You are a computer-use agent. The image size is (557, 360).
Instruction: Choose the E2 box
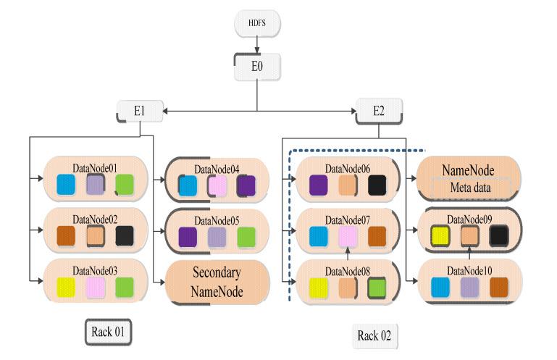pyautogui.click(x=377, y=112)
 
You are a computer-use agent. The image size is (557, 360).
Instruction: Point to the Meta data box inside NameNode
pyautogui.click(x=472, y=188)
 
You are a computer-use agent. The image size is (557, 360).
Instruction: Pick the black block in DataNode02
pyautogui.click(x=125, y=237)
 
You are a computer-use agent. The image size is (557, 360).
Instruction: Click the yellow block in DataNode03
pyautogui.click(x=67, y=287)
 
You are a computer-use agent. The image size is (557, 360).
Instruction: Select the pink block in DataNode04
pyautogui.click(x=217, y=186)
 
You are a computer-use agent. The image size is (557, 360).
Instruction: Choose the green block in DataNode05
pyautogui.click(x=246, y=237)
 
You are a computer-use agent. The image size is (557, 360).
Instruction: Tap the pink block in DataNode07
pyautogui.click(x=347, y=237)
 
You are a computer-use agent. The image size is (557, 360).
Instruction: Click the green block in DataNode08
pyautogui.click(x=376, y=288)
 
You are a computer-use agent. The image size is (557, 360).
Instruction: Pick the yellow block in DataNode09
pyautogui.click(x=440, y=237)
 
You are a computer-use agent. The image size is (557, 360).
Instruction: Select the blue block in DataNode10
pyautogui.click(x=440, y=287)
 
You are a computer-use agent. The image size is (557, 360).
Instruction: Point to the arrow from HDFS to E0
pyautogui.click(x=257, y=45)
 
